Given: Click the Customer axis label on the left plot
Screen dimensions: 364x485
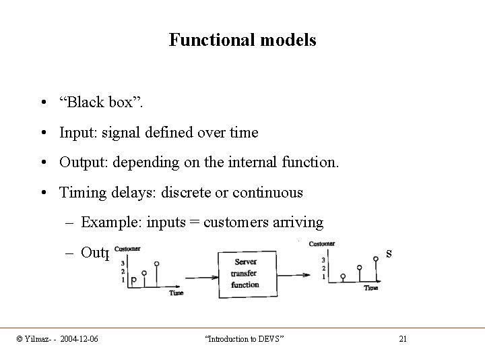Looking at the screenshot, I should (x=128, y=248).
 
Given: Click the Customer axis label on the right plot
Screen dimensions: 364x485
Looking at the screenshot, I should (x=321, y=244).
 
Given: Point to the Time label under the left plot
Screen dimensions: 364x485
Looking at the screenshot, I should (x=176, y=293).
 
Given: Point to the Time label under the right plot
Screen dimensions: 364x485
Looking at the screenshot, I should (x=371, y=288).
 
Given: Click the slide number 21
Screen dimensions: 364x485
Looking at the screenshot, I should (x=403, y=338).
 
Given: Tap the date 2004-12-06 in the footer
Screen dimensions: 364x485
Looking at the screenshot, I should (x=77, y=338).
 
